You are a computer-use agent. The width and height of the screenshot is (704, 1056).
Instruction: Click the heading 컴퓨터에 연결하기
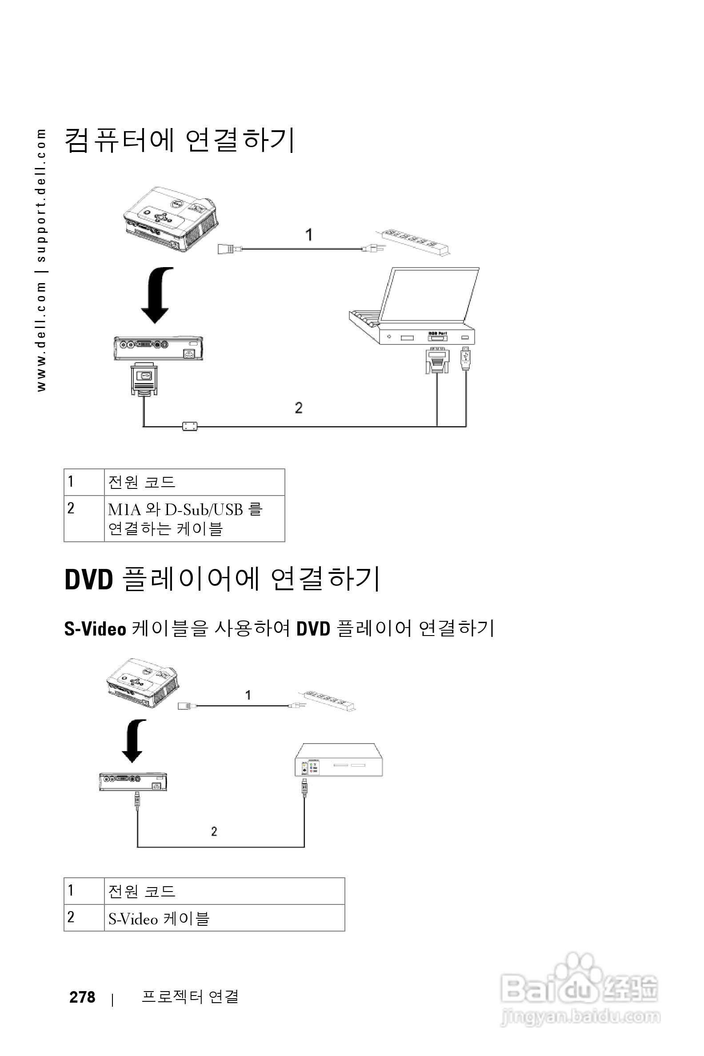tap(180, 140)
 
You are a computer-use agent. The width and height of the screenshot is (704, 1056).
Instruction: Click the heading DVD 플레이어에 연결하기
tap(223, 579)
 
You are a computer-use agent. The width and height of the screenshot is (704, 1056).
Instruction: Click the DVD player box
tap(339, 760)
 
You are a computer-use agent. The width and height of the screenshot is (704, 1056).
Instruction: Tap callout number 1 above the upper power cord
tap(309, 234)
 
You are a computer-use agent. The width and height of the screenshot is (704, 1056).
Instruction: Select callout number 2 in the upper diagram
tap(299, 408)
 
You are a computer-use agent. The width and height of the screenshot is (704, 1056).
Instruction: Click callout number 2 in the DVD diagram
tap(214, 832)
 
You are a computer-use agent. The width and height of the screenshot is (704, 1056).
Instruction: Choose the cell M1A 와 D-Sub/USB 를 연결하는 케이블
tap(194, 519)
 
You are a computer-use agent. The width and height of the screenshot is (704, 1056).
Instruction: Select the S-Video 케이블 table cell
tap(224, 918)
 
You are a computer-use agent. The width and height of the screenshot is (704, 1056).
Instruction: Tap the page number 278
tap(82, 997)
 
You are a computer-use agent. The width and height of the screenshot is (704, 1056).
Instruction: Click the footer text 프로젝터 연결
tap(190, 996)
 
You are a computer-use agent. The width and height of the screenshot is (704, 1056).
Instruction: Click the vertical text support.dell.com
tap(41, 195)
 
